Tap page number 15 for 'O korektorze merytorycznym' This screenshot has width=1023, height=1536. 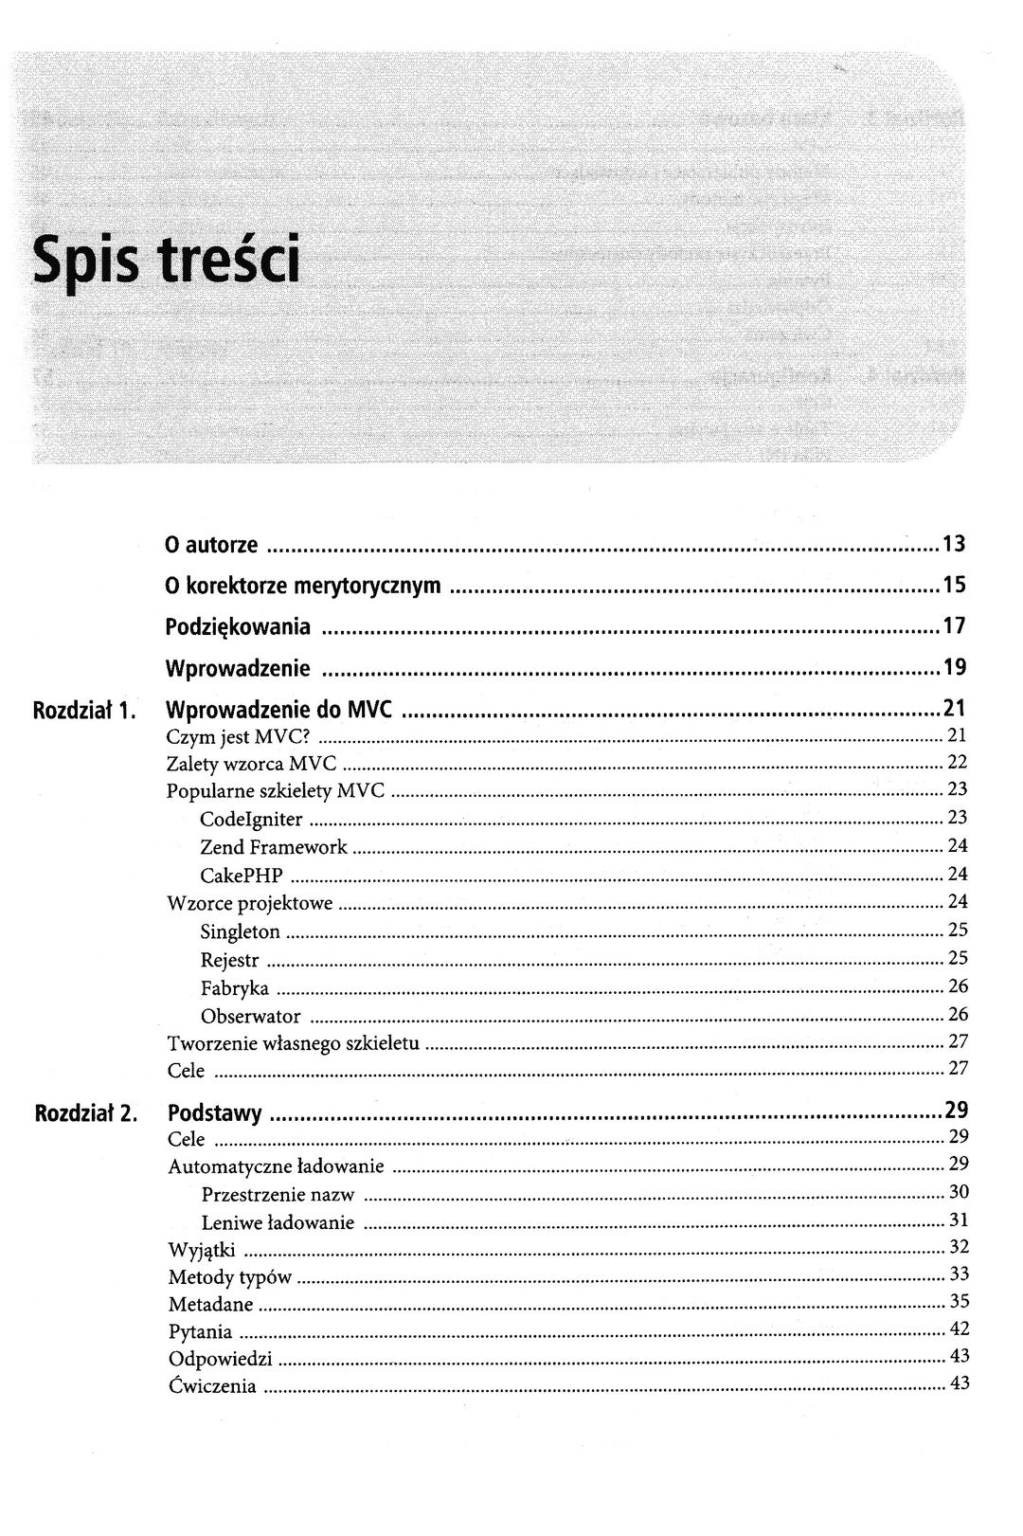pos(954,586)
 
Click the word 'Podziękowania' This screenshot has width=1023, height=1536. pos(238,627)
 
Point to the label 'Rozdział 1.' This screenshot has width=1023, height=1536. pos(85,709)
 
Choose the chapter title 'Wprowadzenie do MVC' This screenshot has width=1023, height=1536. pos(278,709)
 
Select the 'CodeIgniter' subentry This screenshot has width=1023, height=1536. pos(251,819)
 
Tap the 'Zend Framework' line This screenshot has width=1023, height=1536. pos(274,847)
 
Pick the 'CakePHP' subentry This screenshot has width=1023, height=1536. pos(242,875)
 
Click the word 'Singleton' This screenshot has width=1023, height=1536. pos(241,931)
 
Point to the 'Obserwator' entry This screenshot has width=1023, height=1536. pos(251,1017)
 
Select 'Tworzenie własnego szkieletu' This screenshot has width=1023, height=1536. pos(293,1043)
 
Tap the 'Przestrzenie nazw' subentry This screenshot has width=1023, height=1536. pos(278,1194)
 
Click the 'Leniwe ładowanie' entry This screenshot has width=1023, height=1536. pos(278,1222)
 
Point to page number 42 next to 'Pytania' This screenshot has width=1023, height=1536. pos(959,1329)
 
